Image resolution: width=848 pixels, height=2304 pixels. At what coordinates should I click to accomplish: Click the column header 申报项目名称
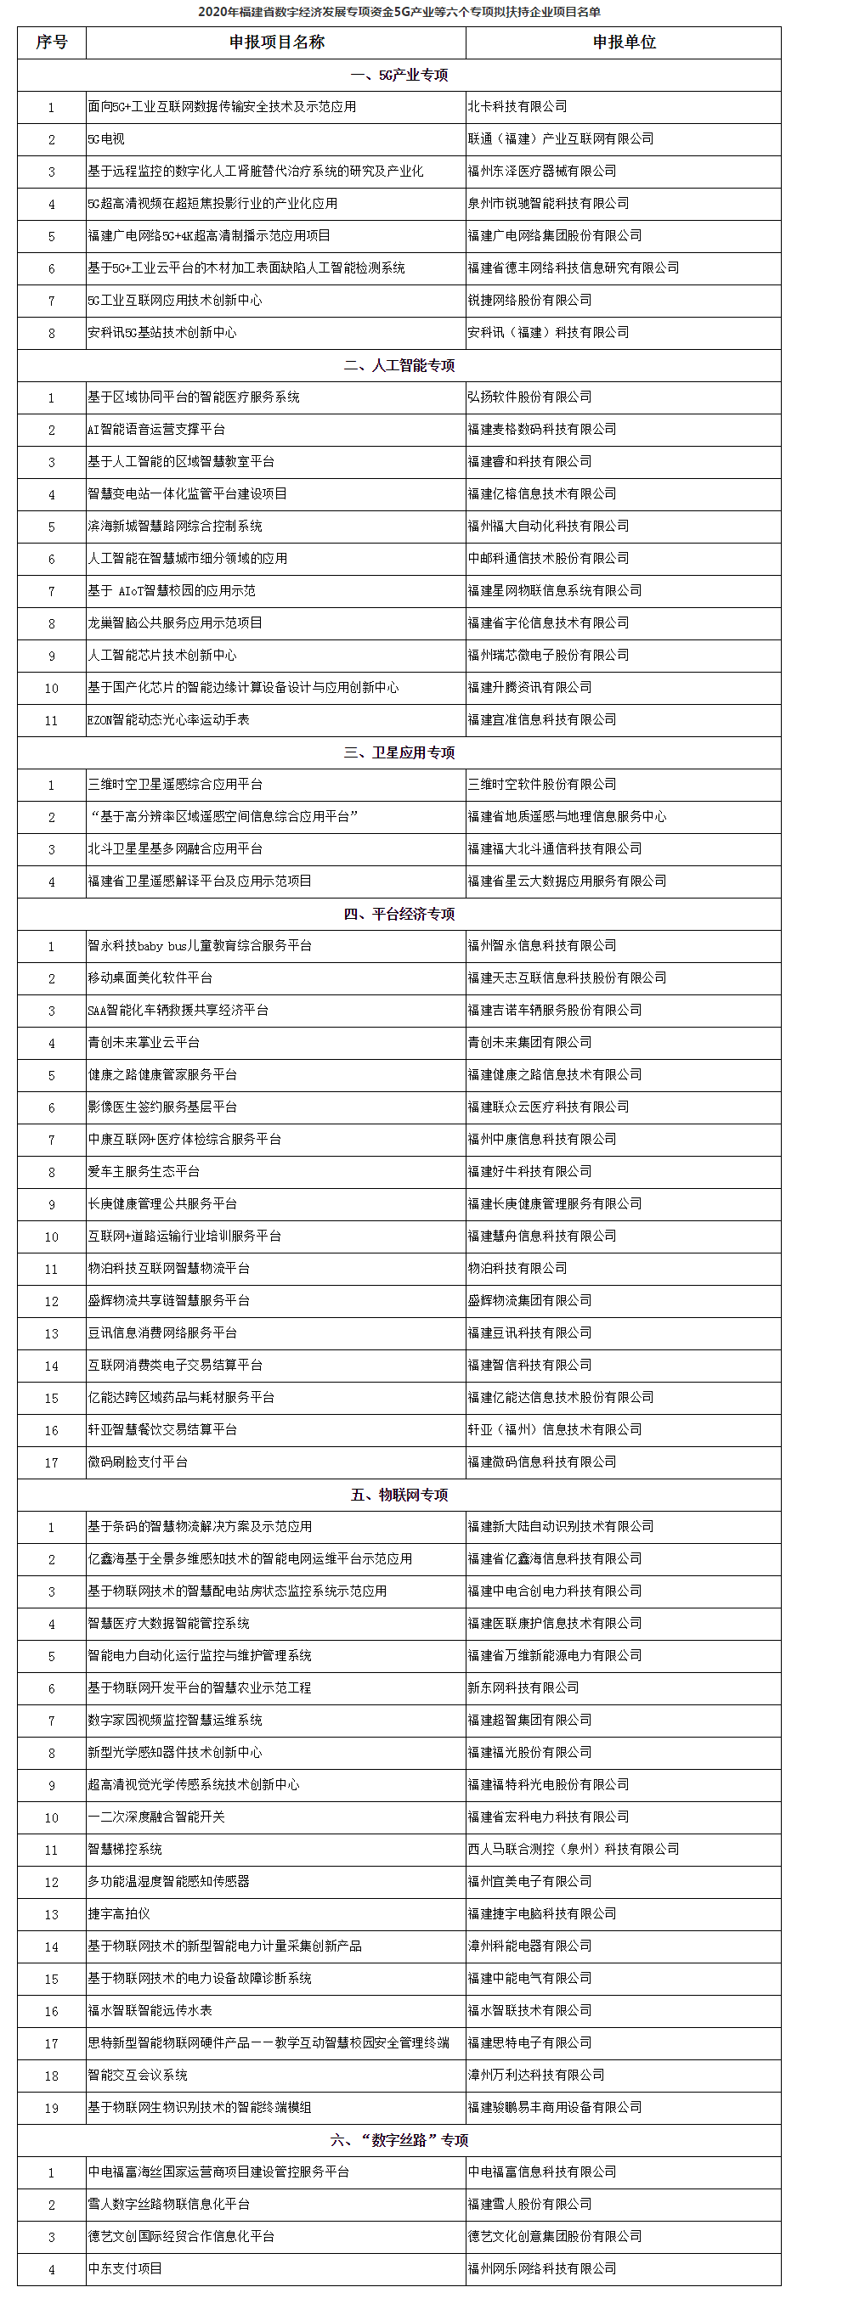point(276,42)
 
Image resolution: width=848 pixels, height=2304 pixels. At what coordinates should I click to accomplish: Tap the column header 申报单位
point(624,42)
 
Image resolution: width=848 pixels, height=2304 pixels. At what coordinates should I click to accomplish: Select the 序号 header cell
point(51,42)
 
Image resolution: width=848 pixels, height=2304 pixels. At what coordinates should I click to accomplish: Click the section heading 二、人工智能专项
point(399,365)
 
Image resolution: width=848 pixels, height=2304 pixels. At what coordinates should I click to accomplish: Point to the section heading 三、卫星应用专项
point(399,752)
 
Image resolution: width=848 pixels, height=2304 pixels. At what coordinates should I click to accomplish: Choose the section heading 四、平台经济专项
point(399,913)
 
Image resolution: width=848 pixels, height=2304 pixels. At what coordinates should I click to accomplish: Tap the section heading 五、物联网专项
point(399,1495)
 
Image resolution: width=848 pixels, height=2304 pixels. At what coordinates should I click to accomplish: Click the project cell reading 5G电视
point(106,138)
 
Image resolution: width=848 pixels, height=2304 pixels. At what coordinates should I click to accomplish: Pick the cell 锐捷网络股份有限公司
point(529,300)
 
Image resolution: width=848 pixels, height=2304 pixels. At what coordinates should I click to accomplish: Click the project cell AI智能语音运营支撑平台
point(156,430)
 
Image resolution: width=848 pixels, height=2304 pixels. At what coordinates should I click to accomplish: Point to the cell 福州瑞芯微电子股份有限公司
point(548,655)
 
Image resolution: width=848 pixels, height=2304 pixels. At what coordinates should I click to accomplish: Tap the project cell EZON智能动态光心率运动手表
point(168,719)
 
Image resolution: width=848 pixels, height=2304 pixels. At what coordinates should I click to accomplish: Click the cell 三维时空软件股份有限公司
point(542,785)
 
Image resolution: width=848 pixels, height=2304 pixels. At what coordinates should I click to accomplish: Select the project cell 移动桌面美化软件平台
point(150,977)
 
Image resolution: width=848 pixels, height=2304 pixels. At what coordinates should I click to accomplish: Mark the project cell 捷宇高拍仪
point(119,1914)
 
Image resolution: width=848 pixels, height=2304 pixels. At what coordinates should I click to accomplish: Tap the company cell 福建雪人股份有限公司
point(529,2204)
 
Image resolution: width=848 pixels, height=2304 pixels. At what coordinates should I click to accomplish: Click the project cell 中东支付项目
point(125,2268)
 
